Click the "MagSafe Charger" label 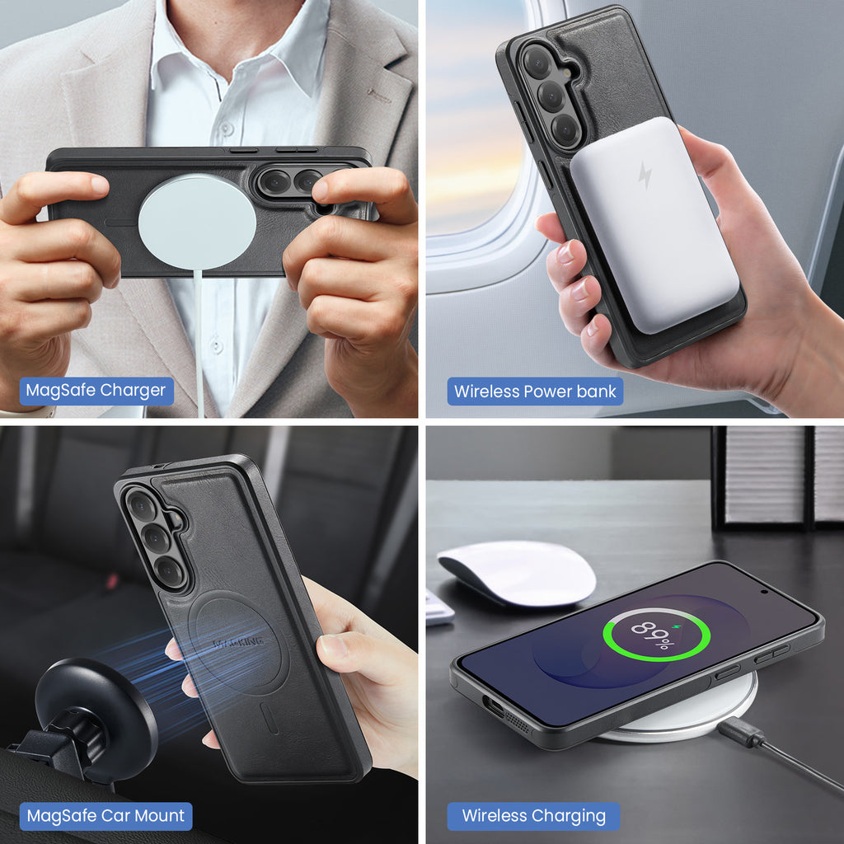coord(96,390)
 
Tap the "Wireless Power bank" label coord(534,392)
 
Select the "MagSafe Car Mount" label coord(105,816)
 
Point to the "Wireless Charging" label coord(533,816)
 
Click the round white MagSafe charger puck coord(197,222)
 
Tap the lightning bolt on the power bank coord(645,175)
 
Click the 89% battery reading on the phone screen coord(654,635)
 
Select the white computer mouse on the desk coord(517,574)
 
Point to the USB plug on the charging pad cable coord(740,732)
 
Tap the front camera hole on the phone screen coord(764,592)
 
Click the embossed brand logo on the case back coord(238,641)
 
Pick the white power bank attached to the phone coord(654,225)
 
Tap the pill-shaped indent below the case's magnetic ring coord(270,718)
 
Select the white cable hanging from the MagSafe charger coord(199,342)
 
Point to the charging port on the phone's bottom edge coord(493,706)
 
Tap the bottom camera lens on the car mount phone coord(170,572)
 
